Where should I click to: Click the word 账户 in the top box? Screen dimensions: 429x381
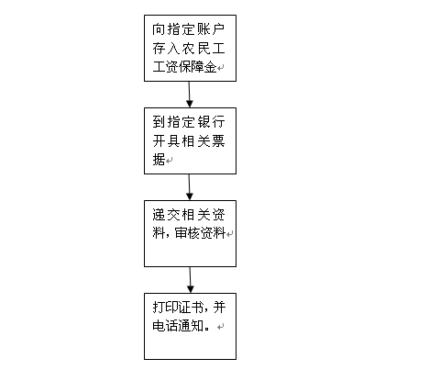pyautogui.click(x=211, y=29)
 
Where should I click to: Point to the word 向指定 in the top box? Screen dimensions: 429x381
pyautogui.click(x=174, y=29)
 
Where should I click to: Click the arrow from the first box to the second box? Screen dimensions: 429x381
pyautogui.click(x=190, y=95)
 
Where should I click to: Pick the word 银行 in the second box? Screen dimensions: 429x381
pyautogui.click(x=211, y=122)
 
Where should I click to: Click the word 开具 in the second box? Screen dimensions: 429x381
pyautogui.click(x=166, y=141)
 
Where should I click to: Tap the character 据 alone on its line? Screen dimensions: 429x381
pyautogui.click(x=159, y=160)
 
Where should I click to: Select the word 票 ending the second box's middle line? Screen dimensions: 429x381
pyautogui.click(x=219, y=141)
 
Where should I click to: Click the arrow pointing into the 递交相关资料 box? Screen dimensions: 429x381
pyautogui.click(x=190, y=187)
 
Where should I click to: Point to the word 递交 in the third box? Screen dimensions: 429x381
pyautogui.click(x=166, y=215)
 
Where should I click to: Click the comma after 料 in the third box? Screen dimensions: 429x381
pyautogui.click(x=168, y=236)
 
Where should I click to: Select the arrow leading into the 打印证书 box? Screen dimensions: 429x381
pyautogui.click(x=190, y=280)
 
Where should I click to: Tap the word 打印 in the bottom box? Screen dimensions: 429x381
pyautogui.click(x=165, y=308)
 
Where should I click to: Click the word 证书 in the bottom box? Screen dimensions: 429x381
pyautogui.click(x=191, y=308)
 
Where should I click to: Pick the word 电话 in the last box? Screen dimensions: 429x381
pyautogui.click(x=165, y=326)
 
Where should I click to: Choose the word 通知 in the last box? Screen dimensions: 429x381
pyautogui.click(x=191, y=326)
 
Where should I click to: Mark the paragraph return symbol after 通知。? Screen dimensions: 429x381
pyautogui.click(x=221, y=327)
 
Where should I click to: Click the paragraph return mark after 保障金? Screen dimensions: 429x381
pyautogui.click(x=221, y=67)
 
